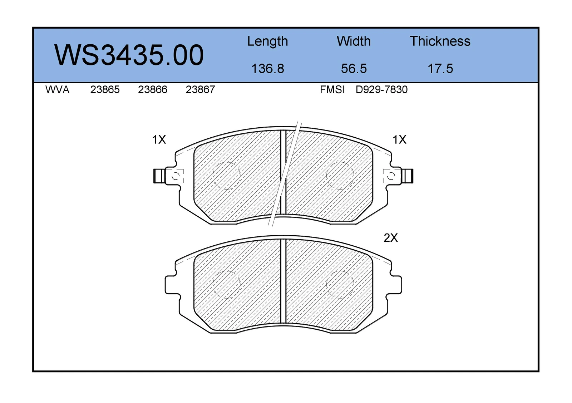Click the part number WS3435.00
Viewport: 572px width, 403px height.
pyautogui.click(x=129, y=55)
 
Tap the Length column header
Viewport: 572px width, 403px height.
pyautogui.click(x=268, y=41)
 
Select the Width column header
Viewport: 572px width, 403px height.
pyautogui.click(x=354, y=41)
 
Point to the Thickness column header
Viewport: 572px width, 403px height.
pyautogui.click(x=440, y=41)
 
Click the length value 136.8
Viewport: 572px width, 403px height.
pyautogui.click(x=268, y=68)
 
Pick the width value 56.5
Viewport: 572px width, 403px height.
pyautogui.click(x=354, y=68)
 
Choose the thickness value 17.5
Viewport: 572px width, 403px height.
pyautogui.click(x=440, y=68)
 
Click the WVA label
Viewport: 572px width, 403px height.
pyautogui.click(x=58, y=90)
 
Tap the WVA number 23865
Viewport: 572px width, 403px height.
pyautogui.click(x=105, y=90)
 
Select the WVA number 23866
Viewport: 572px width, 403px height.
pyautogui.click(x=153, y=90)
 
